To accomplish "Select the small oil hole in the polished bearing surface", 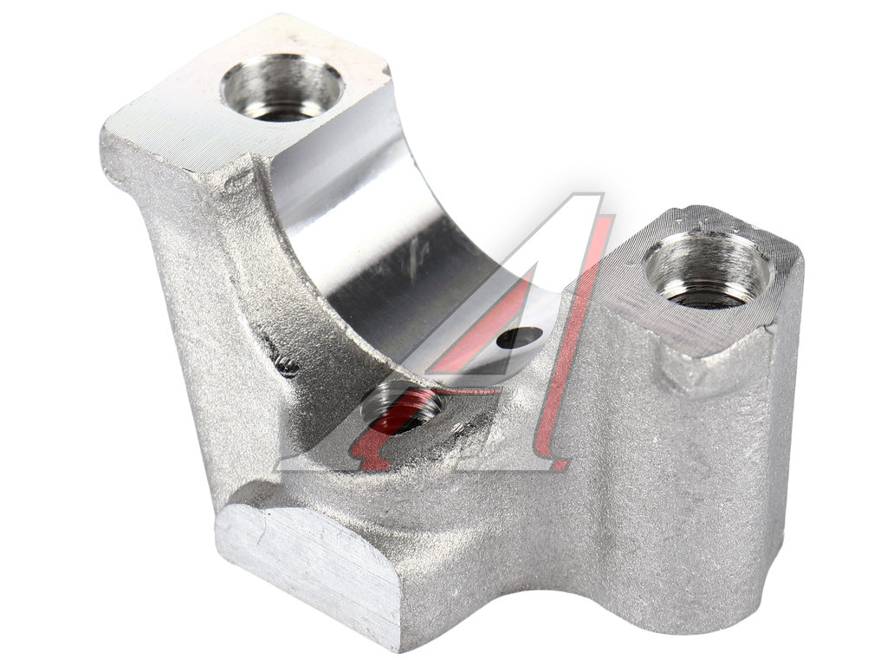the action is [519, 338].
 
